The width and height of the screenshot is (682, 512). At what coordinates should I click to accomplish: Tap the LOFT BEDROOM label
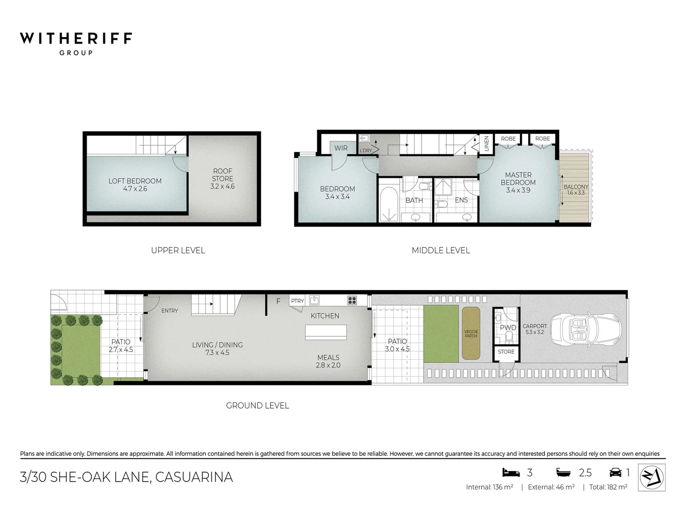click(135, 181)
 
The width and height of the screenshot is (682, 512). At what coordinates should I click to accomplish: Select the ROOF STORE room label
click(223, 175)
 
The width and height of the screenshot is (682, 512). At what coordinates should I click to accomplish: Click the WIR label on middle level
click(341, 148)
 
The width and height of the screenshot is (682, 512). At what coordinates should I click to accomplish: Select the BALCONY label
click(576, 187)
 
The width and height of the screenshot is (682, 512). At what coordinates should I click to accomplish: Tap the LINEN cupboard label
click(486, 144)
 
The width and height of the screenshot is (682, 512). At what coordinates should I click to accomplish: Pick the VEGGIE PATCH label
click(471, 334)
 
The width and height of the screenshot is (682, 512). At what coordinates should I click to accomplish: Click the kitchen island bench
click(326, 332)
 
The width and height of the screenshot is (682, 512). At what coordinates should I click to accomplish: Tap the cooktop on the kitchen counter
click(352, 300)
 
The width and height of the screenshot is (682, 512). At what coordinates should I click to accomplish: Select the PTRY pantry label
click(297, 301)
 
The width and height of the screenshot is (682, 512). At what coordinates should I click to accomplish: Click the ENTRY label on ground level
click(170, 311)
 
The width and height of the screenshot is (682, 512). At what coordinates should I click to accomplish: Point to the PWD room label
click(508, 328)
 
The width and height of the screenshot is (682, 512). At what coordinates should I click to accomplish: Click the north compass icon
click(652, 477)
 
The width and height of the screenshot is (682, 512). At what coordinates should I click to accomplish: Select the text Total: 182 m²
click(608, 487)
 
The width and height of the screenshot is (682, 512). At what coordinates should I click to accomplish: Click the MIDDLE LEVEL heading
click(440, 250)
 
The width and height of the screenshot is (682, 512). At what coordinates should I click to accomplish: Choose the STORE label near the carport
click(506, 352)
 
